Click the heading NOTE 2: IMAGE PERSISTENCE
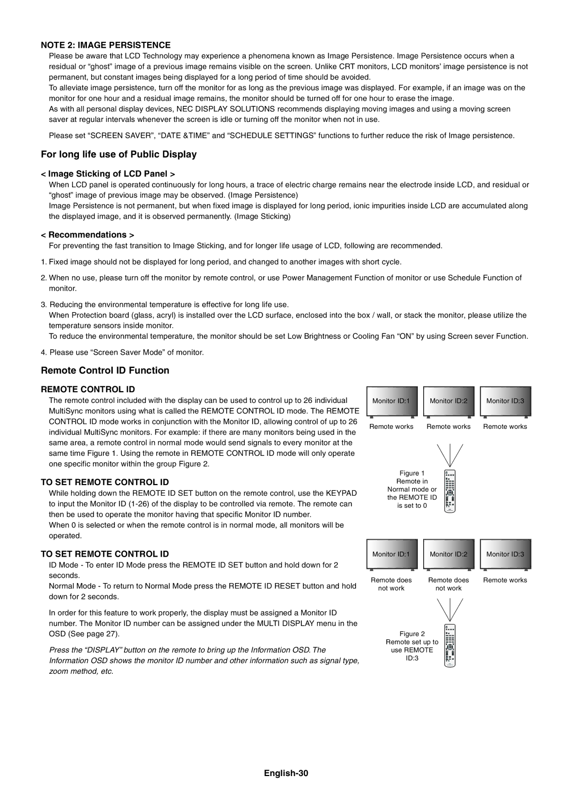pyautogui.click(x=106, y=45)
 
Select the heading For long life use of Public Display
pyautogui.click(x=119, y=154)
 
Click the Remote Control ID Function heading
pyautogui.click(x=105, y=371)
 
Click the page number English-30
pyautogui.click(x=286, y=773)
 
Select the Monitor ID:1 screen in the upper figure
pyautogui.click(x=391, y=401)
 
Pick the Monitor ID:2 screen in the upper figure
pyautogui.click(x=449, y=401)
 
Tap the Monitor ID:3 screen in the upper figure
pyautogui.click(x=506, y=401)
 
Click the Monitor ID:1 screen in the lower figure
pyautogui.click(x=391, y=554)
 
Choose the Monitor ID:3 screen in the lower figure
pyautogui.click(x=506, y=554)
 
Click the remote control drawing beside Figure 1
pyautogui.click(x=450, y=491)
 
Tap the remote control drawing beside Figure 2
pyautogui.click(x=450, y=645)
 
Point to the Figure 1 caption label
pyautogui.click(x=412, y=473)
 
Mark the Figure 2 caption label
pyautogui.click(x=412, y=634)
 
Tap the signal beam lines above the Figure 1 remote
pyautogui.click(x=450, y=455)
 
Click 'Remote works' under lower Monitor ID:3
pyautogui.click(x=505, y=580)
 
